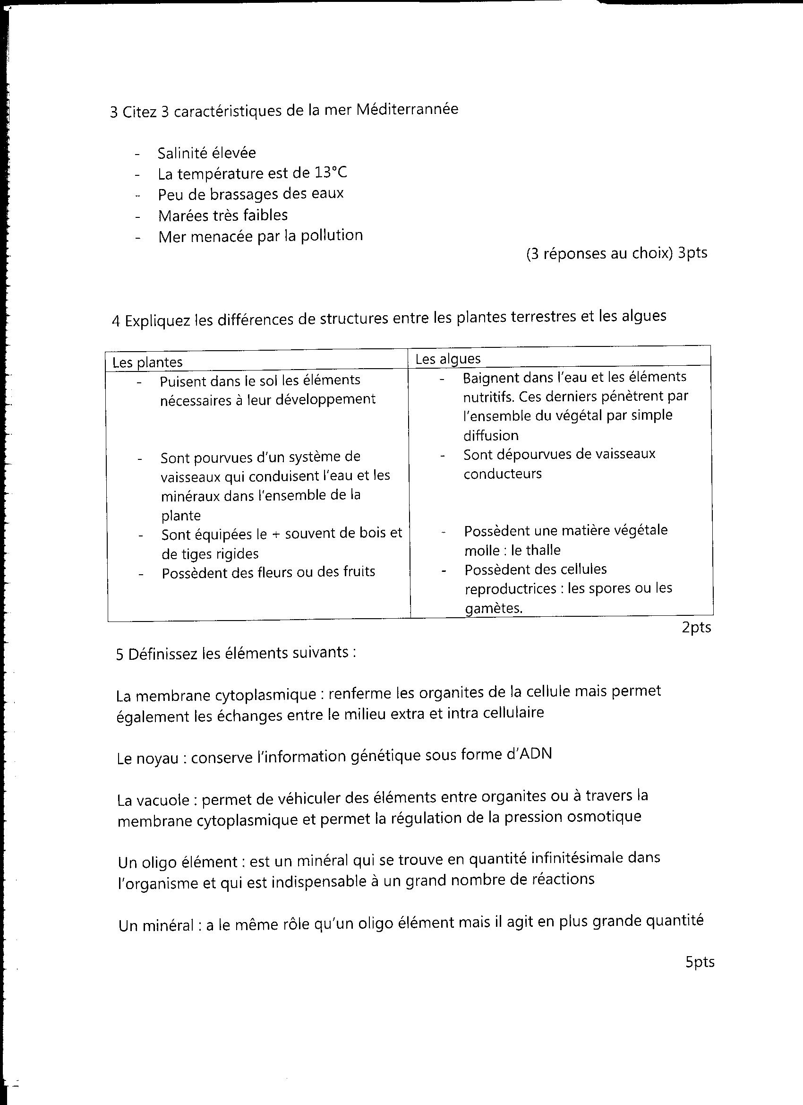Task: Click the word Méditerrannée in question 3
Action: pos(407,109)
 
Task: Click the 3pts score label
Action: pos(692,253)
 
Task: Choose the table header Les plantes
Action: pos(147,362)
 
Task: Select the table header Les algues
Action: pos(447,359)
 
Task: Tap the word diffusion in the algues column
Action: pos(490,435)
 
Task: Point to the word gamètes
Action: pos(493,609)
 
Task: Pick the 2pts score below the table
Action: pos(696,628)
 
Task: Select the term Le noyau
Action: pos(147,759)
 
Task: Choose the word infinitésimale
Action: pos(574,858)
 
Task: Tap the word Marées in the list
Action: pos(182,216)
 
